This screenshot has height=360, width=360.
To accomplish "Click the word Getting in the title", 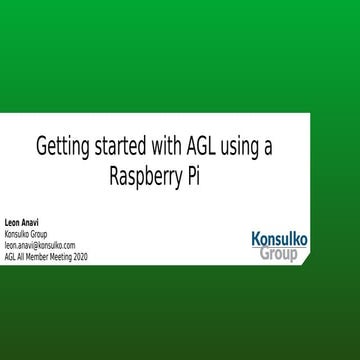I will (x=62, y=146).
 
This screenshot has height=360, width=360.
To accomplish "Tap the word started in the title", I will (x=119, y=146).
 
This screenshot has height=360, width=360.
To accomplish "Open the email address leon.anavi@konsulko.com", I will (x=40, y=244).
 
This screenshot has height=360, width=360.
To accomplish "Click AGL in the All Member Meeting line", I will (x=10, y=255).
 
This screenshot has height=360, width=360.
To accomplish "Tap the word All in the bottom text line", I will (x=21, y=255).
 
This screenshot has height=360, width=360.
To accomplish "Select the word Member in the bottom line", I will (x=37, y=255).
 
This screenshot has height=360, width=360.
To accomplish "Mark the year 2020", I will (x=80, y=255).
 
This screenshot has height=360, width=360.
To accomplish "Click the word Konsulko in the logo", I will (x=279, y=240).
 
